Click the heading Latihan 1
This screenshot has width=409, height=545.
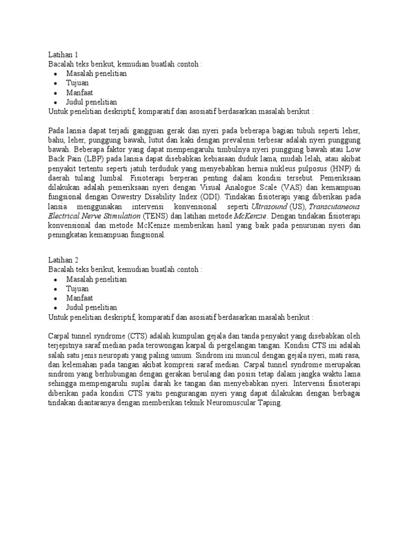[63, 54]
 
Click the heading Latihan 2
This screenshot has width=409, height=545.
[63, 260]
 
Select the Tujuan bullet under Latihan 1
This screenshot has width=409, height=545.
[77, 83]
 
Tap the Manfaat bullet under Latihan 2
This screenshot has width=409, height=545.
[79, 298]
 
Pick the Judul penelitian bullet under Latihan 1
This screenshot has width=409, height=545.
[92, 102]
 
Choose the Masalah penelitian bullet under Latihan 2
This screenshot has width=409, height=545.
[96, 279]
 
